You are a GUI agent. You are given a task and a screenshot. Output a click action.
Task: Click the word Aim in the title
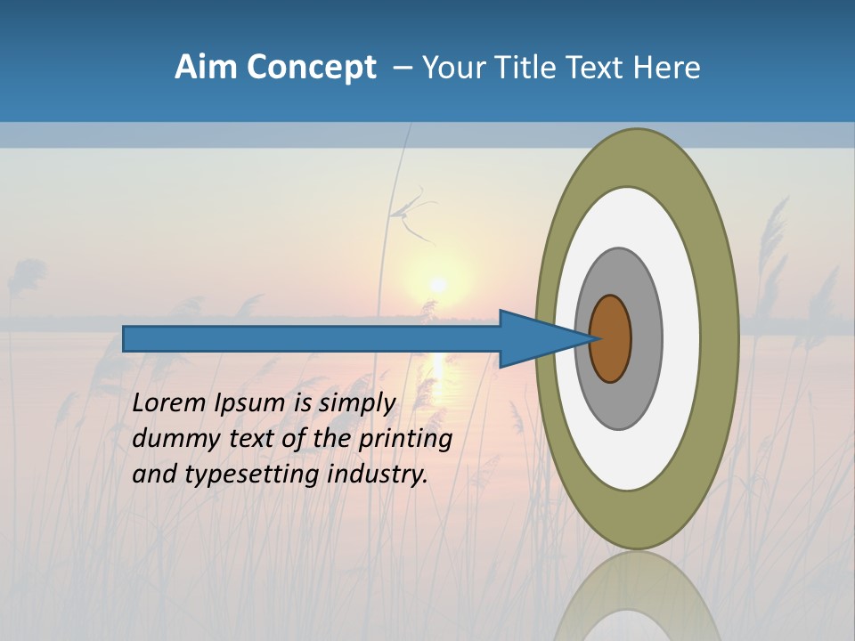[206, 68]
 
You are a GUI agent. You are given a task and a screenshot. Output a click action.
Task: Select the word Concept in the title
[311, 69]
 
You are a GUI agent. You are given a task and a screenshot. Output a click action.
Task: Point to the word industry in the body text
[378, 474]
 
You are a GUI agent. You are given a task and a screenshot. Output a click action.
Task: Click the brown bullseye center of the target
[611, 338]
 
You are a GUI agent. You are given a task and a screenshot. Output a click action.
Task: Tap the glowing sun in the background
[437, 285]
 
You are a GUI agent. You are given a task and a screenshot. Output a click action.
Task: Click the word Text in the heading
[597, 68]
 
